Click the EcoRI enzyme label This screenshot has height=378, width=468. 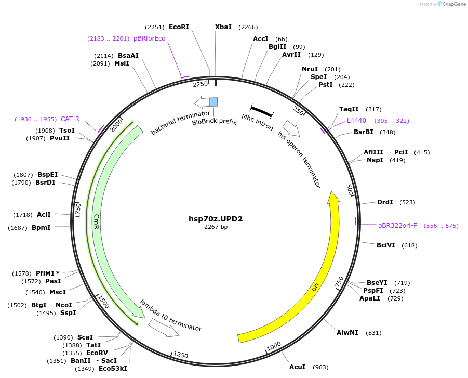[179, 27]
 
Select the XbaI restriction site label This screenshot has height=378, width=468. [223, 27]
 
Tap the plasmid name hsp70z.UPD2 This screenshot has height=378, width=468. [216, 219]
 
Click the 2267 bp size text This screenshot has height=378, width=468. [216, 227]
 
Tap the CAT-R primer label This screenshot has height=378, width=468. [70, 119]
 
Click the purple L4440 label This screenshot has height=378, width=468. [356, 121]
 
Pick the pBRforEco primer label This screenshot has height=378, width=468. [149, 38]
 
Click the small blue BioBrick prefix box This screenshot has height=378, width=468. [213, 101]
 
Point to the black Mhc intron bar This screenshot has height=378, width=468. [262, 110]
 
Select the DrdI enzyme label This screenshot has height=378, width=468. [385, 202]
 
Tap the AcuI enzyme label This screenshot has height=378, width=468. [298, 367]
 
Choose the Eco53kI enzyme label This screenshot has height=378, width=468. [113, 369]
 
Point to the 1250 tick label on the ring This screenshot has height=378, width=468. [180, 355]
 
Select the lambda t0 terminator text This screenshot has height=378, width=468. [171, 315]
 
